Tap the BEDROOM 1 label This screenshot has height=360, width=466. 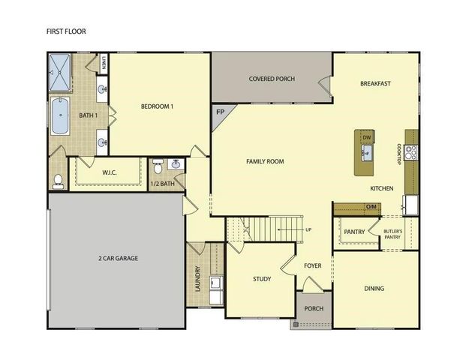click(158, 106)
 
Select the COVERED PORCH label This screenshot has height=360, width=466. click(272, 79)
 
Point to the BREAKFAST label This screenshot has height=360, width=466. click(376, 83)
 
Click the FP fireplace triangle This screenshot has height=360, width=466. click(221, 112)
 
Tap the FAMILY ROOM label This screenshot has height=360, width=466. click(266, 161)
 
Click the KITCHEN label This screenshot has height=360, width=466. click(382, 188)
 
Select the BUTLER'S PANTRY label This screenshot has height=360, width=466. click(393, 234)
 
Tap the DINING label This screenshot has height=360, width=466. click(374, 289)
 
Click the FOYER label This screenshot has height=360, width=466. click(312, 265)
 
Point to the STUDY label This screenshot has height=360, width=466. click(262, 279)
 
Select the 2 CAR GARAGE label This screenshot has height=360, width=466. click(118, 259)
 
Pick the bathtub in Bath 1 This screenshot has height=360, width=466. click(60, 117)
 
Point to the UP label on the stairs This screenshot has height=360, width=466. click(308, 229)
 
